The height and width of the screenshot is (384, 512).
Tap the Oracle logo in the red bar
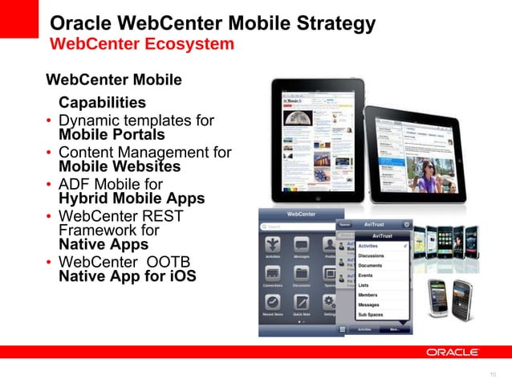452,352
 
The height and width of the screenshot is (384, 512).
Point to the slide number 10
493,374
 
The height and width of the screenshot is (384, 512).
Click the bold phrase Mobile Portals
112,134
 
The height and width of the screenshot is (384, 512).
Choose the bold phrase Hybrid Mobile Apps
132,198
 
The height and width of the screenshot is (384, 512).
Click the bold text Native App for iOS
127,277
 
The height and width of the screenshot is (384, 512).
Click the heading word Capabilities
102,103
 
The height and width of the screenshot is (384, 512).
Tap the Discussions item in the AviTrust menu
371,256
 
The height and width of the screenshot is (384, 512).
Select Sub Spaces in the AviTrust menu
372,315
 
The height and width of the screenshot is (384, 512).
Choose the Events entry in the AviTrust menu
365,276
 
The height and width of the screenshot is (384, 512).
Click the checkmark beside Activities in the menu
406,245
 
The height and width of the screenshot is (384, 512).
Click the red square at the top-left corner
19,18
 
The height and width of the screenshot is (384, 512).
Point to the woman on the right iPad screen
425,173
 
